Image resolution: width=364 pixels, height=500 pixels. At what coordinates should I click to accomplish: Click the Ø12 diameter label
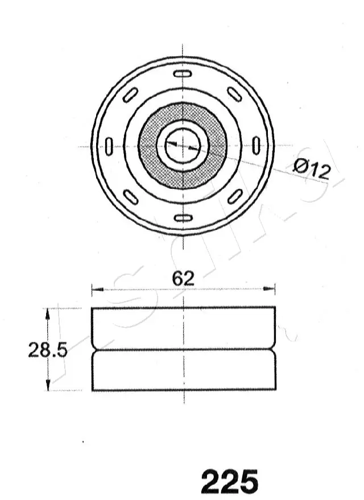click(312, 169)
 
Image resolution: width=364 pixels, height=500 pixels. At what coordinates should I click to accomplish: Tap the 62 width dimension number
click(183, 278)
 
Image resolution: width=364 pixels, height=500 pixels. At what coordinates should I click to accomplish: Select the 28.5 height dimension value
click(48, 350)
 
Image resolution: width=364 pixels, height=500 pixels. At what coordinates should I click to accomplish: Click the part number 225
click(229, 482)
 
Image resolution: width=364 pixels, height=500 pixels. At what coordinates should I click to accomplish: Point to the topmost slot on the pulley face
click(183, 75)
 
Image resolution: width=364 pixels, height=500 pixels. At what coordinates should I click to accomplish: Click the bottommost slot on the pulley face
click(183, 218)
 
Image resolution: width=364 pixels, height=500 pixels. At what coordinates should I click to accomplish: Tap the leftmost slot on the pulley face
click(109, 146)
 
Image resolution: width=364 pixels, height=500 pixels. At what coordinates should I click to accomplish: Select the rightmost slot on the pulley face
click(256, 146)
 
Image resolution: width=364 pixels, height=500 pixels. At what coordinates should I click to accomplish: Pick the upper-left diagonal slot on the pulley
click(131, 94)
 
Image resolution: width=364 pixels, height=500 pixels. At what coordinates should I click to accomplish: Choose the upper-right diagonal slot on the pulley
click(234, 94)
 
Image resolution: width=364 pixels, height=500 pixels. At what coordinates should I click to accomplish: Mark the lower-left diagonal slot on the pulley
click(131, 197)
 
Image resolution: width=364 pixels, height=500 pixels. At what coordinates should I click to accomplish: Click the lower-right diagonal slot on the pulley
click(234, 197)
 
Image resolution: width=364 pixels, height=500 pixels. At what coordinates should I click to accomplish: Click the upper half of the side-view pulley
click(183, 327)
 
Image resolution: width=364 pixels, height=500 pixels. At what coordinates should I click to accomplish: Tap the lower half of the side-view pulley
click(183, 371)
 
